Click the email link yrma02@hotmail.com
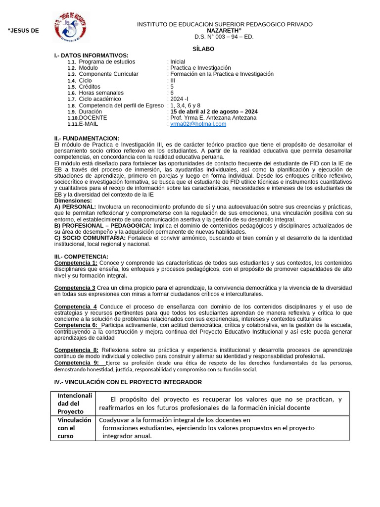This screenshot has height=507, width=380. point(198,124)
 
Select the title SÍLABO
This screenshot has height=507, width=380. point(203,49)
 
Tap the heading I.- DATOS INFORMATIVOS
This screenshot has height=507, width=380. point(91,55)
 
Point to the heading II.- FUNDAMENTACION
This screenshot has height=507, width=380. point(87,138)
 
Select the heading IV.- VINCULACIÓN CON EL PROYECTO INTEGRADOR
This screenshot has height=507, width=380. point(128,382)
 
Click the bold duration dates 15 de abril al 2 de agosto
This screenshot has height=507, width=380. point(214,112)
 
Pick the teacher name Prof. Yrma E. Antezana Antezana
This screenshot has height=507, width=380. point(213,118)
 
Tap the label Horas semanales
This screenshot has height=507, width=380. point(101,93)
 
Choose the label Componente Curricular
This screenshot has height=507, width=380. point(108,74)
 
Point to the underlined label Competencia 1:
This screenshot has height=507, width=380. point(76,262)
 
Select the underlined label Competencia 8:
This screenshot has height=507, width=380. point(76,351)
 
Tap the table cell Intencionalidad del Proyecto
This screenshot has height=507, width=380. point(75,404)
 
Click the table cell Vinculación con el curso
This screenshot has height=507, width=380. point(74,428)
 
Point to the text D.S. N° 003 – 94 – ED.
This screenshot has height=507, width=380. point(224,37)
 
